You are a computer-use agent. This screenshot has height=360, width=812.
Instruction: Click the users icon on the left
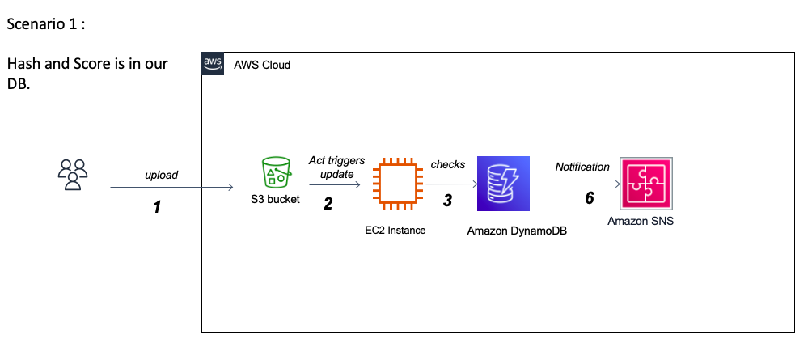click(73, 175)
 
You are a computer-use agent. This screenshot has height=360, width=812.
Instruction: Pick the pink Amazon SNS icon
click(645, 184)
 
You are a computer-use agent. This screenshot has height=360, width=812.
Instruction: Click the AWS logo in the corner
click(214, 65)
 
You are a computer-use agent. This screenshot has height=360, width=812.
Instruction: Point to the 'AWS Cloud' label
click(262, 65)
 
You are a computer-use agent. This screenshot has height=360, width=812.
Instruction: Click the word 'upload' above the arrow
click(162, 175)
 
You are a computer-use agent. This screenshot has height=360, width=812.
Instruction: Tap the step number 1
click(157, 207)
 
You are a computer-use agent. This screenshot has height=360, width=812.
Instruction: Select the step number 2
click(328, 204)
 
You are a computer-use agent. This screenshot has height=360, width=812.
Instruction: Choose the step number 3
click(446, 201)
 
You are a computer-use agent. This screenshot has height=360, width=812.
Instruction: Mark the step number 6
click(590, 199)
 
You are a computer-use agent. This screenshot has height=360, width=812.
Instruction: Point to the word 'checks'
click(448, 164)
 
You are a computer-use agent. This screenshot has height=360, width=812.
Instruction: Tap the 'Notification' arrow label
click(582, 167)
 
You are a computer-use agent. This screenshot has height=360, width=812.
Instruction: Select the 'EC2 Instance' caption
click(395, 231)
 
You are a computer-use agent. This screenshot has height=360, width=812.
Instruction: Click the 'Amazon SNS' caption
click(641, 220)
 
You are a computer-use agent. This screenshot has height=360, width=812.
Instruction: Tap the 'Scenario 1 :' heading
click(46, 24)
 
